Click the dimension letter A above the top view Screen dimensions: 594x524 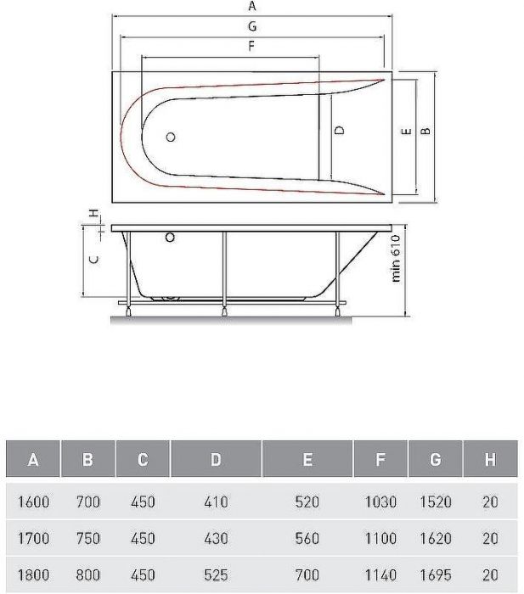252,6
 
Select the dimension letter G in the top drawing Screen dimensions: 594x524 252,26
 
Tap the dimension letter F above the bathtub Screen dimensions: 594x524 251,47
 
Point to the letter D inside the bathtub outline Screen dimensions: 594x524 339,131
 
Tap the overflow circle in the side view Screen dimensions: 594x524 171,238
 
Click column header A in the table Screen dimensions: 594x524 33,460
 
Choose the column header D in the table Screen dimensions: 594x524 217,460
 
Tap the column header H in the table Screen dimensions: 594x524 490,460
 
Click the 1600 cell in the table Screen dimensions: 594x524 33,502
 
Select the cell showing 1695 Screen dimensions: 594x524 436,575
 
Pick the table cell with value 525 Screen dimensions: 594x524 217,575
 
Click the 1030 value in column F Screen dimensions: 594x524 380,502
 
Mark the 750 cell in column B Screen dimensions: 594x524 87,538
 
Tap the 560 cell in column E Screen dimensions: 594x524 307,538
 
